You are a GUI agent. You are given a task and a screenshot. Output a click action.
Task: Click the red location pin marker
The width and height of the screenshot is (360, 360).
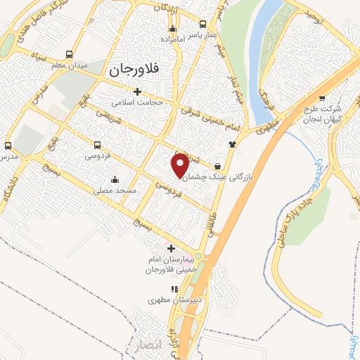181,163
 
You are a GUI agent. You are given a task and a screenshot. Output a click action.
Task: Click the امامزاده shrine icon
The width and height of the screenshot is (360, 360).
172,29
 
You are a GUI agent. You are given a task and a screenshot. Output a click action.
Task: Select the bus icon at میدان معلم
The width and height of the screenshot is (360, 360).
69,54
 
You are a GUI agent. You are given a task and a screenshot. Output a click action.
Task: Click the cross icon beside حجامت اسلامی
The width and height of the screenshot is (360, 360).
138,91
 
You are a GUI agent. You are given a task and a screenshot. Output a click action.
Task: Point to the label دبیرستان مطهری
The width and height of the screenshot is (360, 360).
169,299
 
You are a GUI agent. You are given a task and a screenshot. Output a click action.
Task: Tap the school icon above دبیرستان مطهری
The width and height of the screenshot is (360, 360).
174,288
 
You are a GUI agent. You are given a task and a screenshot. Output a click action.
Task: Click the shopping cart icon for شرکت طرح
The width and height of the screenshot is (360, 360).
323,98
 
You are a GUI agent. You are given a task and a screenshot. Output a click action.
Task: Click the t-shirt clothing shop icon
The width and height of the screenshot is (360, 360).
231,143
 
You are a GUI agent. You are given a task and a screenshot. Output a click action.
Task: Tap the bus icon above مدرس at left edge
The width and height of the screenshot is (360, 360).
8,146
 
